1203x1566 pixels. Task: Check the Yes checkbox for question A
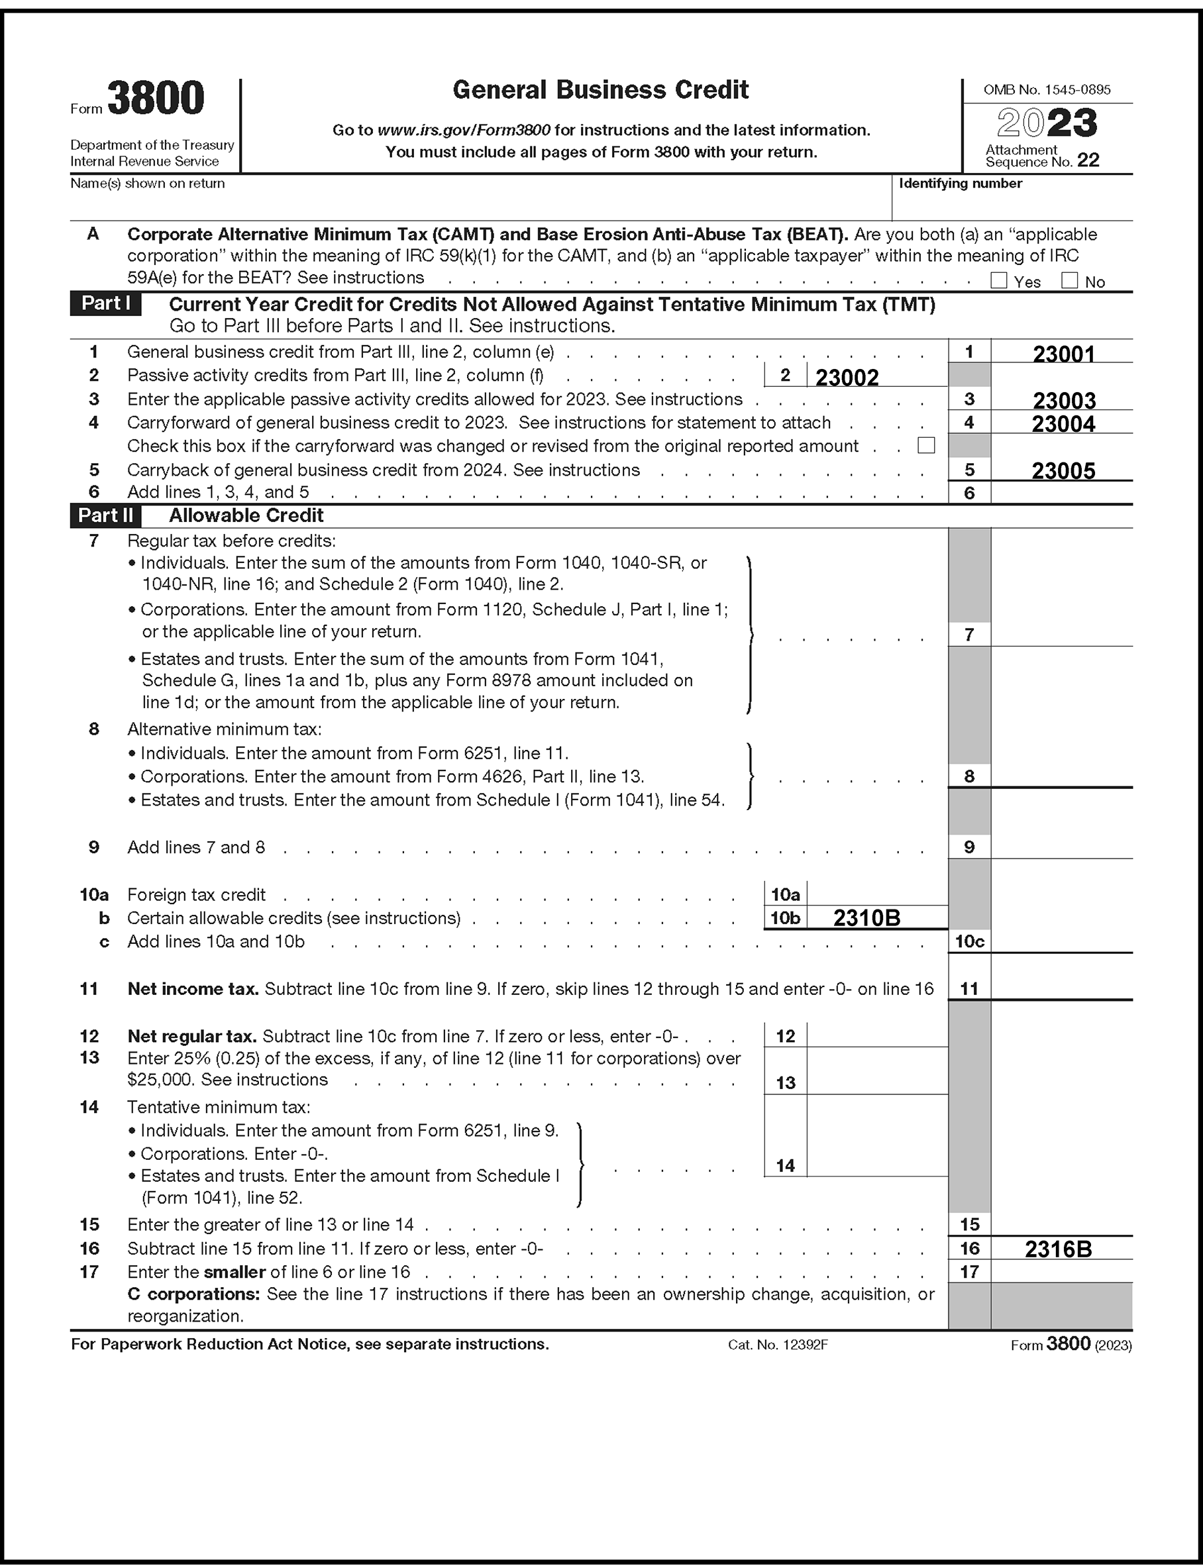pyautogui.click(x=998, y=280)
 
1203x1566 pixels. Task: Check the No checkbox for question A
pyautogui.click(x=1069, y=280)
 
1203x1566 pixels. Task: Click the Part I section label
pyautogui.click(x=105, y=303)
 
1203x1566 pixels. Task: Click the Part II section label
pyautogui.click(x=105, y=515)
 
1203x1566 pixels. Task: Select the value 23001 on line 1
pyautogui.click(x=1063, y=354)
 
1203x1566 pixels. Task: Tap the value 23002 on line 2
pyautogui.click(x=847, y=378)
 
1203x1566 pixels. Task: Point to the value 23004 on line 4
pyautogui.click(x=1063, y=424)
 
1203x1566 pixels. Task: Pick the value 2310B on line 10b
pyautogui.click(x=866, y=918)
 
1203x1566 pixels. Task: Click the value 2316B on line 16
pyautogui.click(x=1059, y=1249)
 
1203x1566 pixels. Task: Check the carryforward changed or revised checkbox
pyautogui.click(x=926, y=445)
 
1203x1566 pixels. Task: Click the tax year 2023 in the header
pyautogui.click(x=1047, y=123)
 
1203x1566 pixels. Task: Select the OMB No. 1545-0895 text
pyautogui.click(x=1047, y=90)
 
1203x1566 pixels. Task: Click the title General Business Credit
pyautogui.click(x=601, y=90)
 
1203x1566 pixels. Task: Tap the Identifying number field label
pyautogui.click(x=961, y=184)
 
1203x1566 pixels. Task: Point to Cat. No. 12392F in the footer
pyautogui.click(x=778, y=1345)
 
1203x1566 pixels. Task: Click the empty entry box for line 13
pyautogui.click(x=876, y=1071)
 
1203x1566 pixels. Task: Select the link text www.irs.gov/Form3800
pyautogui.click(x=463, y=130)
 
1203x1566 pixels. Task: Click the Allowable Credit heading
pyautogui.click(x=246, y=515)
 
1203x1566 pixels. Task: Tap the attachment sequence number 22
pyautogui.click(x=1088, y=160)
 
